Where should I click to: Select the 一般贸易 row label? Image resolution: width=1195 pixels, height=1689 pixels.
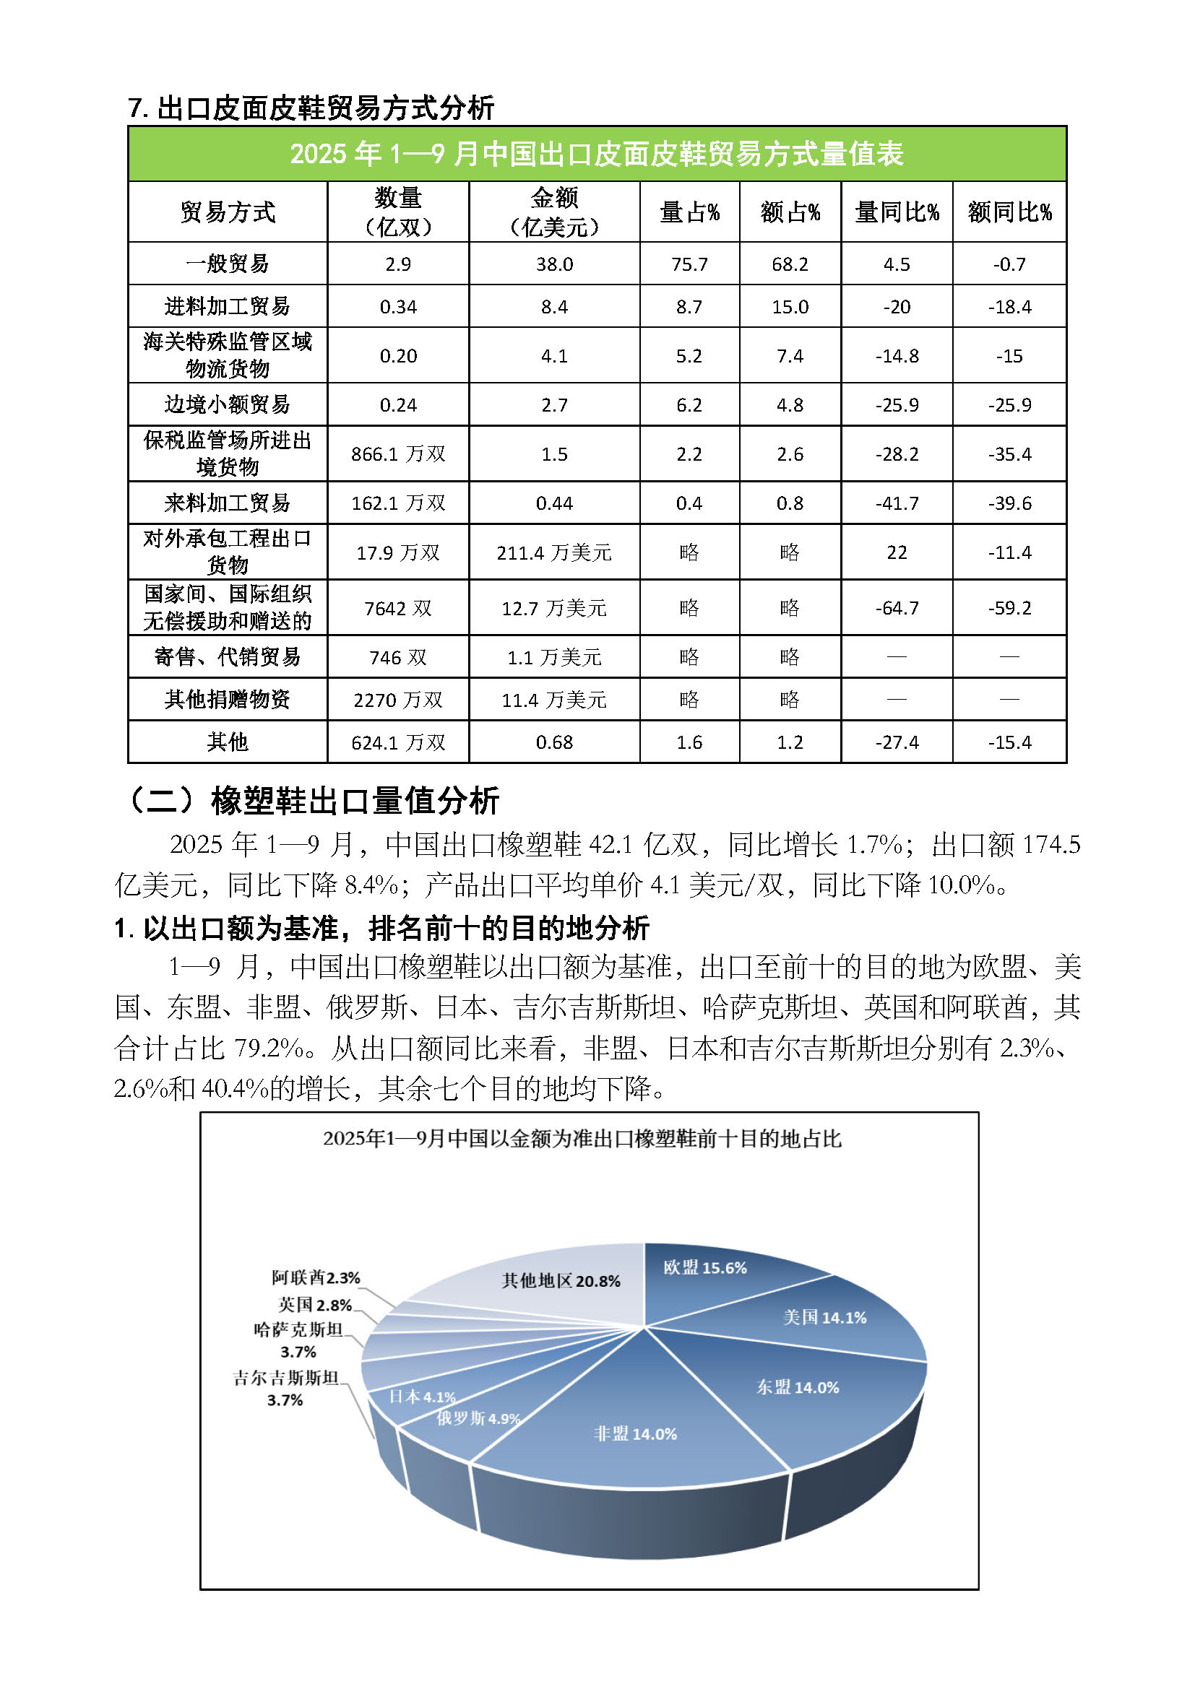228,264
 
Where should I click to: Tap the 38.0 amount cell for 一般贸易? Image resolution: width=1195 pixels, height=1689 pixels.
554,264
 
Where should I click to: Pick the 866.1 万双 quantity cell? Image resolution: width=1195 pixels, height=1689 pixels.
398,454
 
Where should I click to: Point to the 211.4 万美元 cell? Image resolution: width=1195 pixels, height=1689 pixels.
554,552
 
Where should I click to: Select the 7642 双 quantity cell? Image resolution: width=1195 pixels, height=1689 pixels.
398,608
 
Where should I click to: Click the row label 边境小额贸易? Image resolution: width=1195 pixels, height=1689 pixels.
228,404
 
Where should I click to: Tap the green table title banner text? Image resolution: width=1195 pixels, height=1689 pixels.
597,154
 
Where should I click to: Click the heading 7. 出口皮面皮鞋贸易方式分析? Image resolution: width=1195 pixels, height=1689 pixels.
311,108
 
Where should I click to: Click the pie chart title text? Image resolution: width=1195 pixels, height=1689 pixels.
582,1139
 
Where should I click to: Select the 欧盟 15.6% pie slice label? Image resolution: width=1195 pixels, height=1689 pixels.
704,1267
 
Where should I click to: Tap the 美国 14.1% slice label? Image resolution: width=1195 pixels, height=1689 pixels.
824,1318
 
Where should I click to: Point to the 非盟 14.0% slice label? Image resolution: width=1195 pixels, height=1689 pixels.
635,1434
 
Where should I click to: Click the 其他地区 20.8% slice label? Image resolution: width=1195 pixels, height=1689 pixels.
561,1281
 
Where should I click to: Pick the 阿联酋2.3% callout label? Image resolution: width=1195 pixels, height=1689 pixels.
316,1278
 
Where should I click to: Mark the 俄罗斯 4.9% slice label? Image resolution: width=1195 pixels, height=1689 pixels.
478,1418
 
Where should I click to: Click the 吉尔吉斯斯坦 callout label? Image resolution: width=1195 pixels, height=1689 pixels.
285,1378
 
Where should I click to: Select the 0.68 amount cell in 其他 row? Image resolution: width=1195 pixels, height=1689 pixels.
554,742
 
